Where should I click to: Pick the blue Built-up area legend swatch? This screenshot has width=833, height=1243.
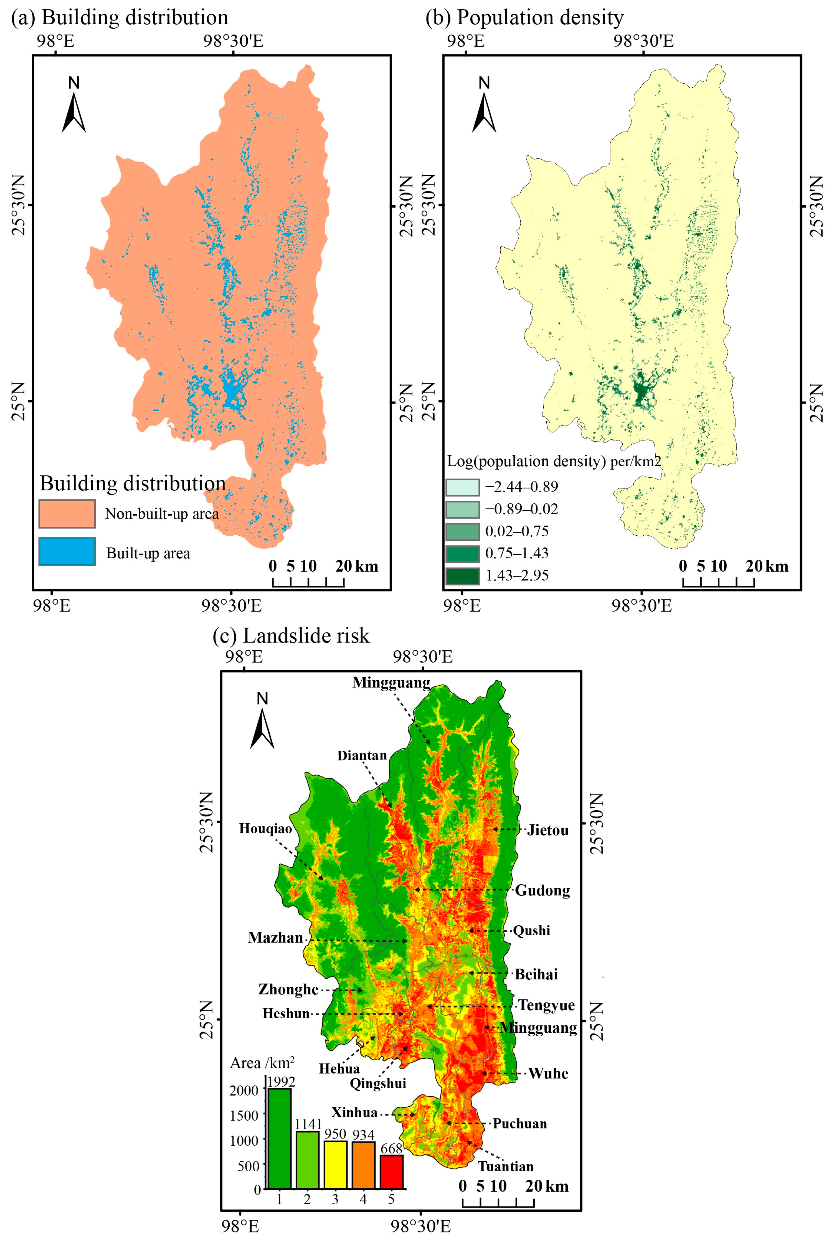[x=67, y=551]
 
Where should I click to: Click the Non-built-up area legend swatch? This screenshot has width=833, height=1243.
[x=67, y=513]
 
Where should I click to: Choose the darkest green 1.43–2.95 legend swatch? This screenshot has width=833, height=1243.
[x=462, y=576]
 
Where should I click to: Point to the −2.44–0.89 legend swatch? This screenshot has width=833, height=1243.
[x=462, y=487]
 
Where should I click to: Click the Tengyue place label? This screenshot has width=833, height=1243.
[x=546, y=1005]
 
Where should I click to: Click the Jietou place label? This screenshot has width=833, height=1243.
[x=548, y=830]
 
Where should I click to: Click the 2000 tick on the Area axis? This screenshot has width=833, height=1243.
[x=244, y=1090]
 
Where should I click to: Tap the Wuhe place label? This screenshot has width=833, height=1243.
[x=548, y=1074]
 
